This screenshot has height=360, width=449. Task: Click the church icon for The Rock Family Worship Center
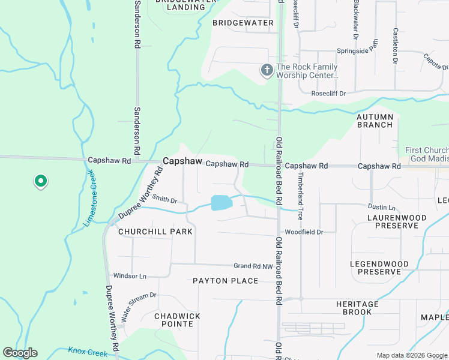coord(267,71)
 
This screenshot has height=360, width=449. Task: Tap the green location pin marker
coord(40,180)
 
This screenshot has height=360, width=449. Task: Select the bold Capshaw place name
coord(181,161)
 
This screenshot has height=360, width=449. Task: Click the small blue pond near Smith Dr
coord(221,203)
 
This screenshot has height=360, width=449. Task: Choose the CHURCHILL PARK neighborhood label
coord(155,232)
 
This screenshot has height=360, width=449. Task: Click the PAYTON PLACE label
coord(225,281)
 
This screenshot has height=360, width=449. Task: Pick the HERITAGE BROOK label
coord(361,308)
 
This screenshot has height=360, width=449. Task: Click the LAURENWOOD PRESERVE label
coord(397,221)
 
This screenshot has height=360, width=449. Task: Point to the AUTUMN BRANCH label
coord(375,121)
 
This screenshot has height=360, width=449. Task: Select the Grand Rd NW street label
coord(253,266)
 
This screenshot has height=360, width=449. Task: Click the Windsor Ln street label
coord(130,276)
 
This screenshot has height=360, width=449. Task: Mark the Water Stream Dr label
coord(139,307)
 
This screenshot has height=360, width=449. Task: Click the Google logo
coord(20,353)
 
